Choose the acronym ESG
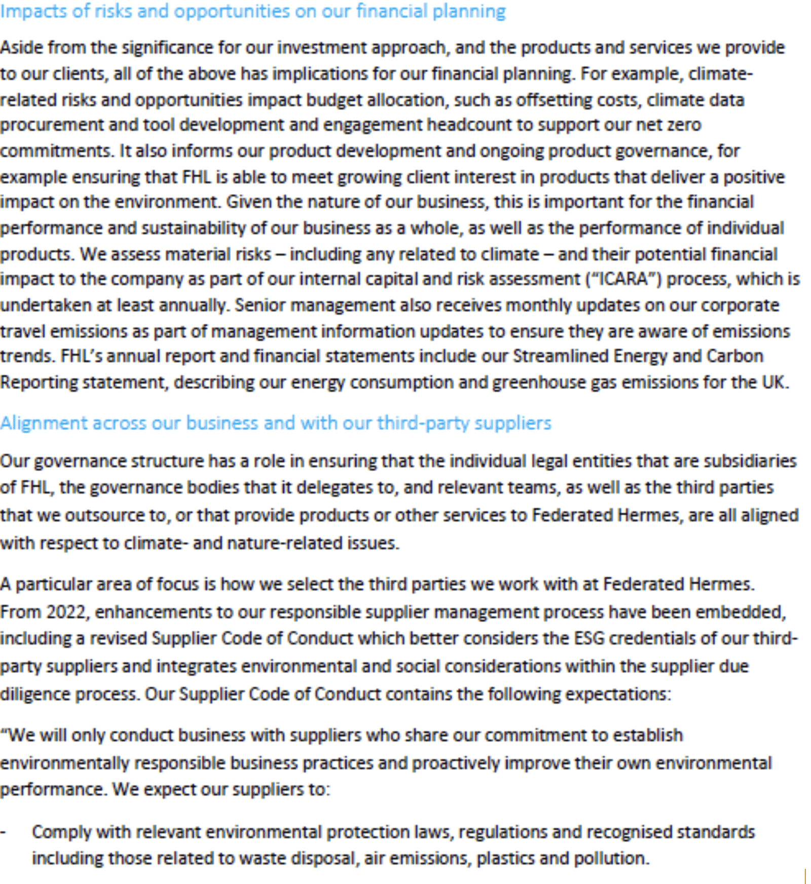[589, 638]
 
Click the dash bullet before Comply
[3, 832]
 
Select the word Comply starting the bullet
[61, 832]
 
